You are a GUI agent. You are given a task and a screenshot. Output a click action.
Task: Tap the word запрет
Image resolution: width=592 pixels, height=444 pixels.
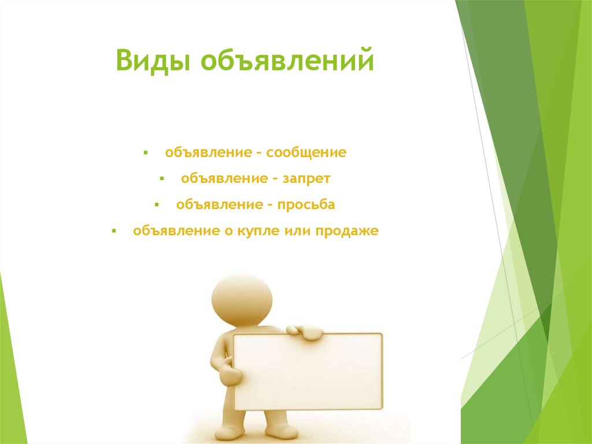coord(306,179)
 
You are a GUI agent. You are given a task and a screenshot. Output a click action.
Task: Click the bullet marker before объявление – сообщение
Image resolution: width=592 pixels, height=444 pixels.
coord(147,154)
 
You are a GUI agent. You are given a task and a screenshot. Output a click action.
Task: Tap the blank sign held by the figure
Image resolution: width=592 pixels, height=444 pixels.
coord(308,370)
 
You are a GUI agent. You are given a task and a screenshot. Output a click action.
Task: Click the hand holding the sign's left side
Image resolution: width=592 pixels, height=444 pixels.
coord(230,374)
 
